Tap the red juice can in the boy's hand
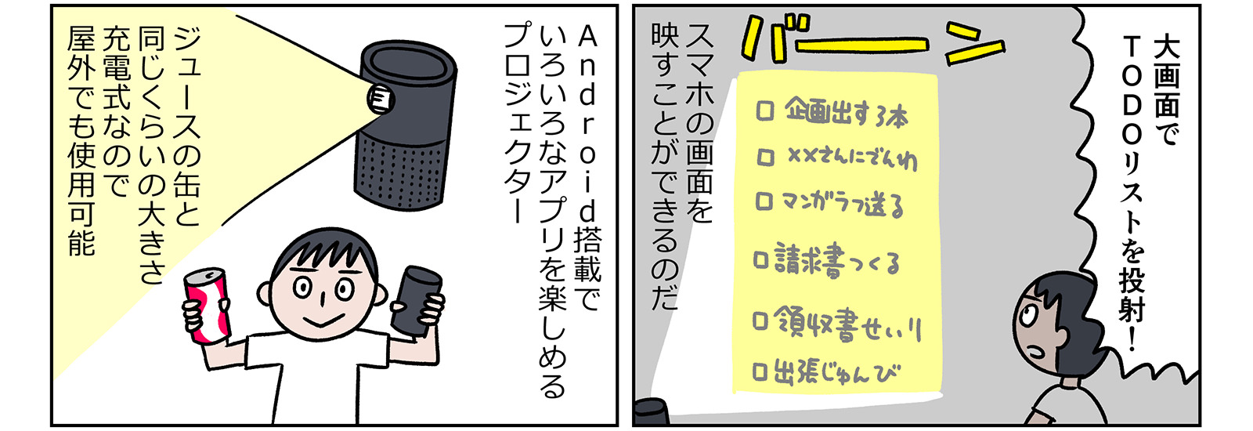click(208, 306)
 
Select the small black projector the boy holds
click(417, 301)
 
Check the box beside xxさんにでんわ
click(765, 158)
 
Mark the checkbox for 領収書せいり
click(760, 321)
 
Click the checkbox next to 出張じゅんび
click(760, 371)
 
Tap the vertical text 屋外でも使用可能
click(81, 141)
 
